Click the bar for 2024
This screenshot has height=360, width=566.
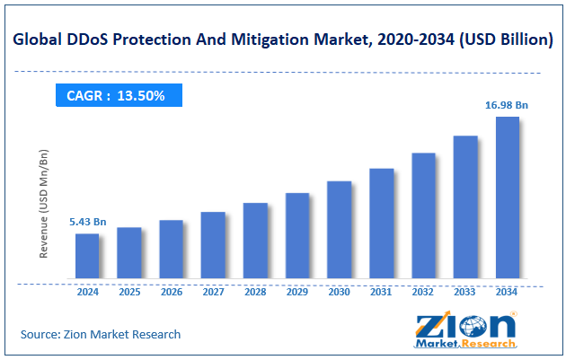point(87,256)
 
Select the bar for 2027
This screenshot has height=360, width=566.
point(213,245)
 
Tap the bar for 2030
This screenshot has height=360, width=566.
point(339,230)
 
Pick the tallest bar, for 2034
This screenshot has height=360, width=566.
point(507,198)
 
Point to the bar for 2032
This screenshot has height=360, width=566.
point(423,215)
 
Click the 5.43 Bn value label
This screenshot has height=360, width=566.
point(88,222)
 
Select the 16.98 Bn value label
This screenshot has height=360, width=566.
point(507,105)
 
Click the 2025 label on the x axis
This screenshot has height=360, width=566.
point(129,292)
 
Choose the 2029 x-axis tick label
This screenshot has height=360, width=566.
point(297,292)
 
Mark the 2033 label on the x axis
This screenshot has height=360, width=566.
point(464,292)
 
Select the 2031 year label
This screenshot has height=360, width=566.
point(381,292)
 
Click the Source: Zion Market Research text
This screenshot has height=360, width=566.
point(101,334)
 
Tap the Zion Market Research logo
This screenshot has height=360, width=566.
point(465,331)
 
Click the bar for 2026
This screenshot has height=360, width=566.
point(172,249)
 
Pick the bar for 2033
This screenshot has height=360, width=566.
point(464,206)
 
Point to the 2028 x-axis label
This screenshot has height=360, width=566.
point(255,292)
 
